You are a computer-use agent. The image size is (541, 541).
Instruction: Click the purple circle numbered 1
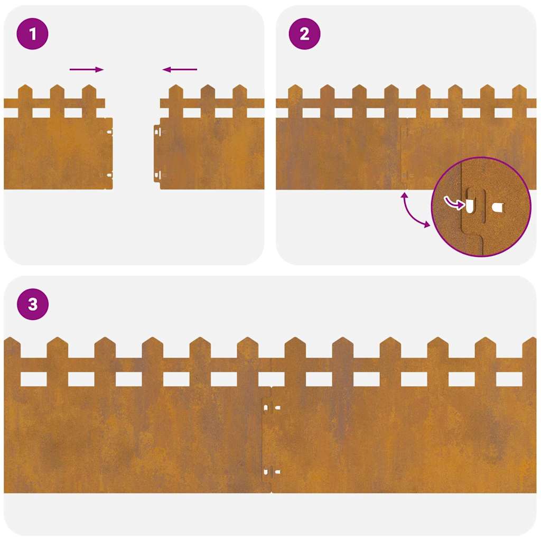pos(33,34)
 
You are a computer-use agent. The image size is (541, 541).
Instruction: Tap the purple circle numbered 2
pos(304,34)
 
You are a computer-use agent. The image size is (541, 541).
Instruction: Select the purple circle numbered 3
pos(33,304)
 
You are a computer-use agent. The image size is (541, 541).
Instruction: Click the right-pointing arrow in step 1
pos(87,69)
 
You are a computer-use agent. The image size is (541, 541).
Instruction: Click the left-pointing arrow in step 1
pos(180,69)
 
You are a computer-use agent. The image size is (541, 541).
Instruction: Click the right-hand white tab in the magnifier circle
pos(498,208)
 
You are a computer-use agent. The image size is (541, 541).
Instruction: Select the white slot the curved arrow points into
pos(470,206)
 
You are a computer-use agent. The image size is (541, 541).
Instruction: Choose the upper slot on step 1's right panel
pos(156,132)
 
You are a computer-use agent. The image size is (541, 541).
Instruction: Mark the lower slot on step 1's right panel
pos(156,174)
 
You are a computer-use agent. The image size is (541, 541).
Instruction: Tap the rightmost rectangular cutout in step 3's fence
pos(509,379)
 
